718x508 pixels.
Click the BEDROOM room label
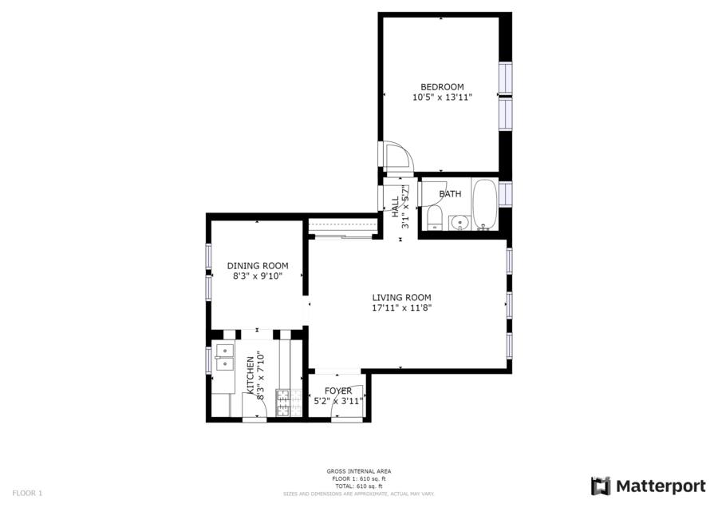click(442, 86)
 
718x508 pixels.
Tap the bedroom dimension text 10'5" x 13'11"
click(442, 97)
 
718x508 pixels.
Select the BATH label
click(450, 194)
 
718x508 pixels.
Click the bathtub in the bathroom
click(484, 204)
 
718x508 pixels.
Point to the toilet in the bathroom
click(434, 218)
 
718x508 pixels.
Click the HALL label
click(395, 207)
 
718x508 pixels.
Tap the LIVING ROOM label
click(401, 298)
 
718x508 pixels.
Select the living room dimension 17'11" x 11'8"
click(401, 308)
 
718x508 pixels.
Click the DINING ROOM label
click(258, 265)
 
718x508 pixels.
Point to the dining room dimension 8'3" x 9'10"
click(258, 276)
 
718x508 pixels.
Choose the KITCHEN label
click(251, 375)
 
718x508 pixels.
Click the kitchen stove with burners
click(289, 403)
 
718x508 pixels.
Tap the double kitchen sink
click(225, 357)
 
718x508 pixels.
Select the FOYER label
click(338, 391)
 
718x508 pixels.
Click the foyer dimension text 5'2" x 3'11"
click(338, 401)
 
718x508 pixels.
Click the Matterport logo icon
click(601, 486)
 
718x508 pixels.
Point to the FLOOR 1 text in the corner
click(27, 494)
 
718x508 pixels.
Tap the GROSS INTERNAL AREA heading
click(359, 471)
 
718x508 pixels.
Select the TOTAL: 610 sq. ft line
click(359, 486)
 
